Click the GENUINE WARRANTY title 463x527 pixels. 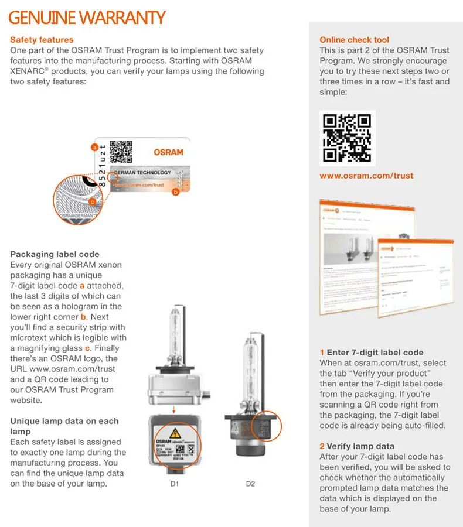pyautogui.click(x=87, y=18)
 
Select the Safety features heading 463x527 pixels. pyautogui.click(x=42, y=40)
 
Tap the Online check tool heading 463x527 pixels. pyautogui.click(x=354, y=40)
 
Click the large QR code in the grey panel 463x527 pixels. pyautogui.click(x=347, y=138)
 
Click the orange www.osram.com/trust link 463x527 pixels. pyautogui.click(x=366, y=176)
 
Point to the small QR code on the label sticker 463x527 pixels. pyautogui.click(x=121, y=152)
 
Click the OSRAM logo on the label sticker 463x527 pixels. pyautogui.click(x=168, y=152)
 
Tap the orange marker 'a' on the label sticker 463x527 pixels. pyautogui.click(x=94, y=148)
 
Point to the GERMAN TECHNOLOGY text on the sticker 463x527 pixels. pyautogui.click(x=142, y=173)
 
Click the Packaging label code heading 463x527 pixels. pyautogui.click(x=55, y=254)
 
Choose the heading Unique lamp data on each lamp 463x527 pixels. pyautogui.click(x=64, y=426)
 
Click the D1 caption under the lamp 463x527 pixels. pyautogui.click(x=174, y=484)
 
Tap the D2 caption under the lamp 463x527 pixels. pyautogui.click(x=250, y=484)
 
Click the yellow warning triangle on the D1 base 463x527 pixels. pyautogui.click(x=175, y=434)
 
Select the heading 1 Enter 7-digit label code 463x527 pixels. pyautogui.click(x=372, y=353)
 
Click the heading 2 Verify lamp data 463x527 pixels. pyautogui.click(x=357, y=446)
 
